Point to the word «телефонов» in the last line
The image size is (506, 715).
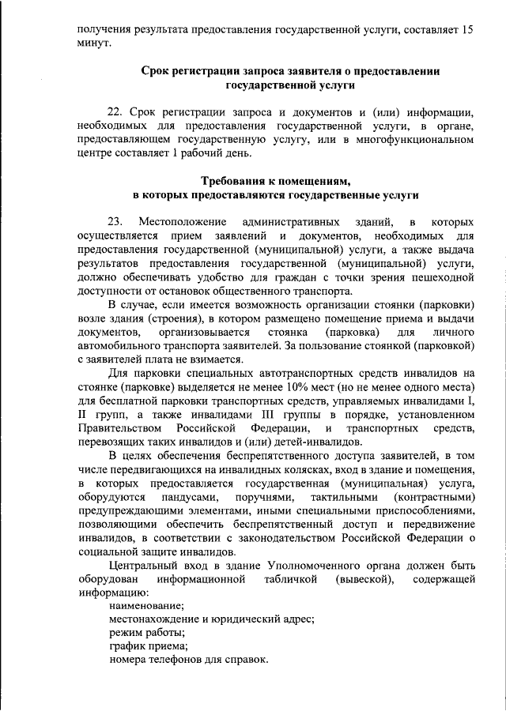pos(183,659)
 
